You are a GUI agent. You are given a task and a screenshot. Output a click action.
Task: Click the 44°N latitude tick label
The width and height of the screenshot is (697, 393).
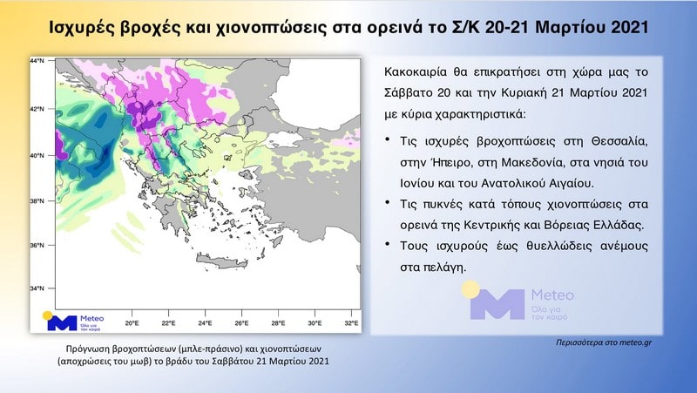pos(37,60)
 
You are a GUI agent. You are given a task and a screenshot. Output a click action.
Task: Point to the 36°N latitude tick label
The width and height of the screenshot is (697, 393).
pos(37,246)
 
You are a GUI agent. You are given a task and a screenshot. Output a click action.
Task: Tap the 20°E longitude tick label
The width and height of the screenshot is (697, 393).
pos(132,323)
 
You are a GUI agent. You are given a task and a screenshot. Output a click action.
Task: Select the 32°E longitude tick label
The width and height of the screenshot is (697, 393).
pos(352,323)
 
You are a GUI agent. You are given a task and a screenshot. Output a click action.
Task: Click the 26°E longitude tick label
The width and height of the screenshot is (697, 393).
pos(242,323)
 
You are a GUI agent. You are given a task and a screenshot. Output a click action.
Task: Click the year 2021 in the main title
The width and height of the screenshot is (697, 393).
pos(630,28)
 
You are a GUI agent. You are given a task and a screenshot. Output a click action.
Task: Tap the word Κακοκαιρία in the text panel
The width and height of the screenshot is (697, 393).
pos(412,72)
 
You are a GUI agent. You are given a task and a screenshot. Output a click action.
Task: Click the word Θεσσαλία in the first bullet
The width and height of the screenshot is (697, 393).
pos(619,141)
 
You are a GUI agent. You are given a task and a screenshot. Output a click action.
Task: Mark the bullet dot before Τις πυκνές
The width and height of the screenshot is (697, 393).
pos(388,203)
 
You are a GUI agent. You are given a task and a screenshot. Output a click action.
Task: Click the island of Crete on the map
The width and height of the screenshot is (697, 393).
pos(221,261)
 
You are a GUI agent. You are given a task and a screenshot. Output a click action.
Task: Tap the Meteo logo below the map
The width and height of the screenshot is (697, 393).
pos(73,321)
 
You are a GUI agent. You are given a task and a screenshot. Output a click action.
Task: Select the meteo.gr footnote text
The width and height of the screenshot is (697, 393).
pos(604,342)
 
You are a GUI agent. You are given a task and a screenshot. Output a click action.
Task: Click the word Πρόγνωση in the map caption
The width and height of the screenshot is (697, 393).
pos(87,349)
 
